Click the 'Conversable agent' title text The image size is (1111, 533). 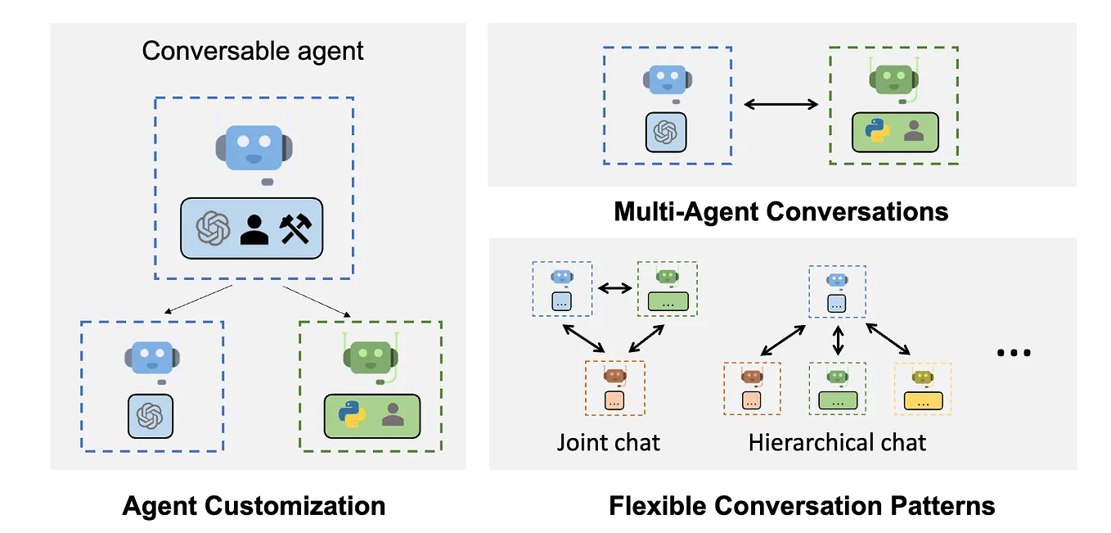(253, 51)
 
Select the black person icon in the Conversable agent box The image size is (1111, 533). (254, 229)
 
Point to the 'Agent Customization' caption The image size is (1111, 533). (254, 505)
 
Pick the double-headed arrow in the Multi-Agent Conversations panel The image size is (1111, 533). (780, 104)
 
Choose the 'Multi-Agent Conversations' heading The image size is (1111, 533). (780, 211)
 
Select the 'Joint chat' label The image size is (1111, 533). (609, 443)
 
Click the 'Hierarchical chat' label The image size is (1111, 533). (837, 443)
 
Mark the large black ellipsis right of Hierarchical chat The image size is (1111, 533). (1014, 353)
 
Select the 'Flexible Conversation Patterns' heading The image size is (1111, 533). (801, 505)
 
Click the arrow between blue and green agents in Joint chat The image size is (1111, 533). (614, 287)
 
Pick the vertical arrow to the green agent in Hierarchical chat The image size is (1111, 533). (837, 339)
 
